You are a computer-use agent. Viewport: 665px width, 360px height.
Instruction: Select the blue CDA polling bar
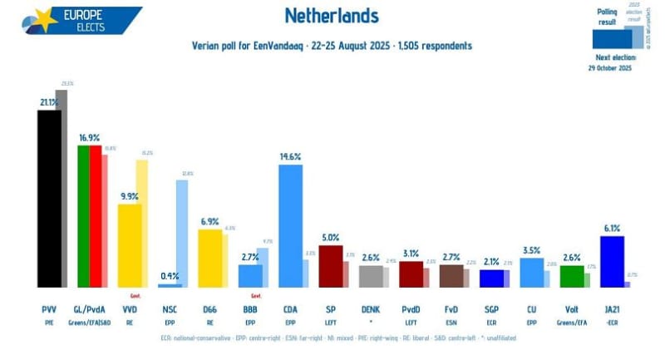pos(289,224)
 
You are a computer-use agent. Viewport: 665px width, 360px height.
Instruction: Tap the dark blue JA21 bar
pos(612,261)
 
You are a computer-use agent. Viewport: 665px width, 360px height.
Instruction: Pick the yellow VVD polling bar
pos(129,244)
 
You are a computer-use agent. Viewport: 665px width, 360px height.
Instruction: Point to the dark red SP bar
pos(330,265)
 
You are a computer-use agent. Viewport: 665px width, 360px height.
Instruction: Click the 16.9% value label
pos(90,138)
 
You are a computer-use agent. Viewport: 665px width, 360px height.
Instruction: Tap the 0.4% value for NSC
pos(170,275)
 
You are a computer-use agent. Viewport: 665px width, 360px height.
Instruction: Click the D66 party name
pos(209,309)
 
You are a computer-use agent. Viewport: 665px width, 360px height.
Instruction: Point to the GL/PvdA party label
pos(90,309)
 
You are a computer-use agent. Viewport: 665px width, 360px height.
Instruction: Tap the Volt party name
pos(572,309)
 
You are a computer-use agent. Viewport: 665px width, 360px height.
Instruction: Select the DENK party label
pos(371,309)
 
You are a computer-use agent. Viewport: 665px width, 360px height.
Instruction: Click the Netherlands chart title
pos(332,16)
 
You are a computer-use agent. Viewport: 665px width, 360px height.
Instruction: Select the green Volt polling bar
pos(571,276)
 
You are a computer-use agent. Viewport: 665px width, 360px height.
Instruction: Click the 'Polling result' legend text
pos(608,16)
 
